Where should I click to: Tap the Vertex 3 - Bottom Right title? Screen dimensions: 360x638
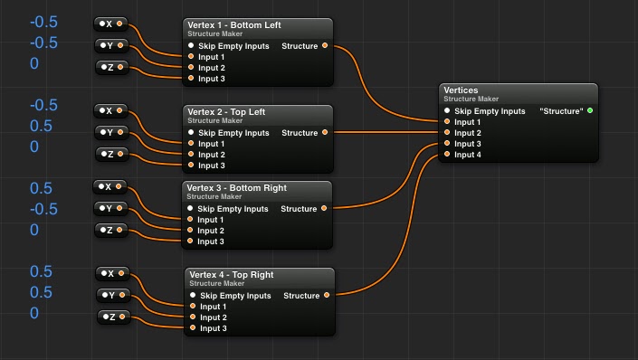point(236,187)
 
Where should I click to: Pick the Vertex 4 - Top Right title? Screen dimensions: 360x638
point(232,274)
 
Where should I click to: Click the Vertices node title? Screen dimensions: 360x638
point(461,90)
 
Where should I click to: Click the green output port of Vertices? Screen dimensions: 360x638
point(590,111)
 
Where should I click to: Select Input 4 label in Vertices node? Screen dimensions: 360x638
point(467,155)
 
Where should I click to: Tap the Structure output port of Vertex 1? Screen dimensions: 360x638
point(326,46)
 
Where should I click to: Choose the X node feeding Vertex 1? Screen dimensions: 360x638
point(111,23)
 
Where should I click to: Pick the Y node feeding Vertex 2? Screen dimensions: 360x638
point(110,132)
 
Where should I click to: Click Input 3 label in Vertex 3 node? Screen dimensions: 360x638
point(211,242)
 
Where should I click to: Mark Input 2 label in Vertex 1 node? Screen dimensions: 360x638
point(211,68)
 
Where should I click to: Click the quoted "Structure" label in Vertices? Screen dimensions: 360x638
point(561,111)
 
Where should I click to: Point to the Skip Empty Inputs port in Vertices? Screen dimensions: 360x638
point(447,111)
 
